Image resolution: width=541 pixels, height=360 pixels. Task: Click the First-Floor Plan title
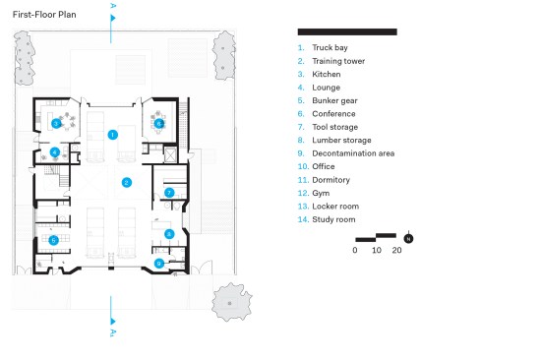44,15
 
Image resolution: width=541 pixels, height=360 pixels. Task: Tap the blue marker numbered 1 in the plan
112,135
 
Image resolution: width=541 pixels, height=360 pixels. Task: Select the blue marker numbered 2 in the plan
127,182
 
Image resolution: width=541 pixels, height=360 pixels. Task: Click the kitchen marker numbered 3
56,123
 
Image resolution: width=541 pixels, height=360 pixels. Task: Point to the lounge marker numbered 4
55,151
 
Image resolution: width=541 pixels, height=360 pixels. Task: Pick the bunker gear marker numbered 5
53,240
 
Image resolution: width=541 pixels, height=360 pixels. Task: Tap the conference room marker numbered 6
158,123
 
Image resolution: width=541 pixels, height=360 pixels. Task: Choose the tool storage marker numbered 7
169,193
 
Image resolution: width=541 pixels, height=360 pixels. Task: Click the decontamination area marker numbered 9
158,264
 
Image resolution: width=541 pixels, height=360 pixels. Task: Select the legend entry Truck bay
330,47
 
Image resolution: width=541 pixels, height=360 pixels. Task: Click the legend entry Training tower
338,61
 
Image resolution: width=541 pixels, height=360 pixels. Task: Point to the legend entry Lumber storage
341,140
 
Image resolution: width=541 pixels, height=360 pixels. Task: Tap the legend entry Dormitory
331,180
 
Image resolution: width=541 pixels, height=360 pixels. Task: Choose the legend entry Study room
333,219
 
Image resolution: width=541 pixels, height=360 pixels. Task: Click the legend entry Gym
321,194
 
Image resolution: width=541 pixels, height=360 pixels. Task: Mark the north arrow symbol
408,238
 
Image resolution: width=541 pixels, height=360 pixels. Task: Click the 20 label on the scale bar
396,250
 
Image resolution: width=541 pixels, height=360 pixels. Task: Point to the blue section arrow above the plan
112,18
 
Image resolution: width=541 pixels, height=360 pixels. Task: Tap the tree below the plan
231,302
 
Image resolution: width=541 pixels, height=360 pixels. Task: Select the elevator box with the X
170,154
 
